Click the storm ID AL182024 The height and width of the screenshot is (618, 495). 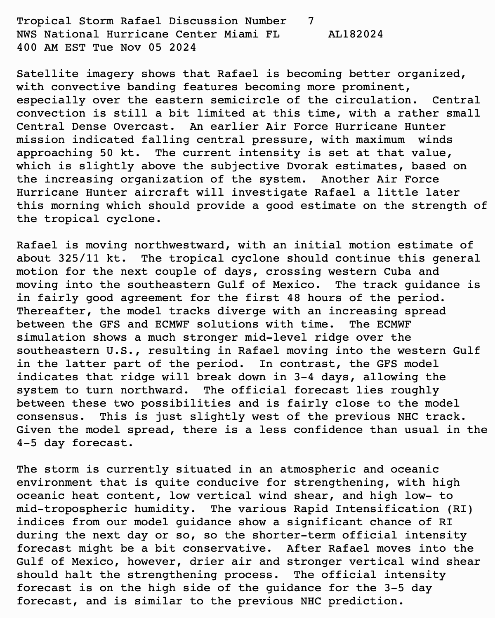pyautogui.click(x=356, y=34)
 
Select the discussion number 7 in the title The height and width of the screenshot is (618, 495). pyautogui.click(x=311, y=21)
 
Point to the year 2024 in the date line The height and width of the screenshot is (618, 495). pyautogui.click(x=182, y=47)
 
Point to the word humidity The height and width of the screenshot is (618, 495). pyautogui.click(x=165, y=509)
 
